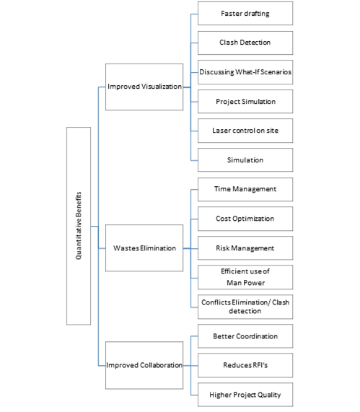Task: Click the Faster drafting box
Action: (245, 14)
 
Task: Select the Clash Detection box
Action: (245, 43)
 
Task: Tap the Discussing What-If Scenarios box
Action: (245, 72)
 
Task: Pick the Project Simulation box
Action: (245, 102)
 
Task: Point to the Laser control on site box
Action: (245, 131)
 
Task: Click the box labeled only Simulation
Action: (245, 160)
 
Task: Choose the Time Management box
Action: (245, 190)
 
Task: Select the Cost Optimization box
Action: (245, 219)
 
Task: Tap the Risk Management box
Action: (245, 248)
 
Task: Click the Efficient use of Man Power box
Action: (245, 277)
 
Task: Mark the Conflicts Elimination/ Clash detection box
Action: (245, 307)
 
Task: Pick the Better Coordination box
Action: (245, 336)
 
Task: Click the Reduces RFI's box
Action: (245, 366)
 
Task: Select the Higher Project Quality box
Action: (245, 395)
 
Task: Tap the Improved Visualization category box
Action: (144, 87)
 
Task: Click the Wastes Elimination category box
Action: (144, 248)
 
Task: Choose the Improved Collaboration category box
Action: (144, 365)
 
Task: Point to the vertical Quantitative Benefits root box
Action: (79, 226)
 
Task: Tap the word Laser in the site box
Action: (220, 131)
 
